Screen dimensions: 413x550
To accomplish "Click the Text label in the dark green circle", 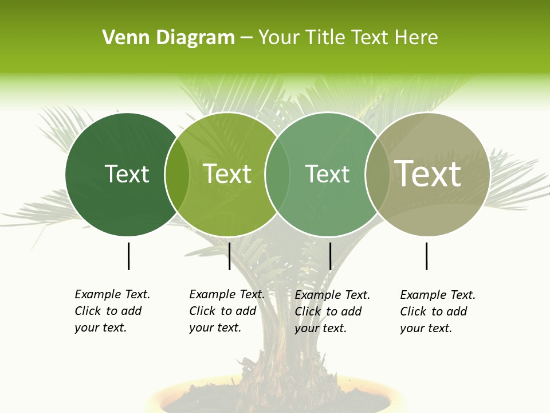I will (x=127, y=174).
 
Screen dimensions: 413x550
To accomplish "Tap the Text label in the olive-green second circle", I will (x=227, y=174).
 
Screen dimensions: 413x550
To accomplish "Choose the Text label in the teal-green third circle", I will (x=327, y=174).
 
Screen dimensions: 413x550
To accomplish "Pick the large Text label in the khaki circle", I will (x=428, y=174).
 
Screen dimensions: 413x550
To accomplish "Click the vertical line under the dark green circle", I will (x=128, y=256).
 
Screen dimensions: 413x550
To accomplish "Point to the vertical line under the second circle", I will (x=229, y=256).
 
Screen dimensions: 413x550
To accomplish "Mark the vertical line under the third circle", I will (x=330, y=256).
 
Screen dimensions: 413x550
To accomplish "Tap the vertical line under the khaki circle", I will (x=426, y=256).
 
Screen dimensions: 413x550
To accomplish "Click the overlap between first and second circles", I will (x=177, y=174).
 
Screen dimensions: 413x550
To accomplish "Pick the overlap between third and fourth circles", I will (x=376, y=174).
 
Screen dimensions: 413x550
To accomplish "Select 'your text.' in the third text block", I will (x=320, y=328).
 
